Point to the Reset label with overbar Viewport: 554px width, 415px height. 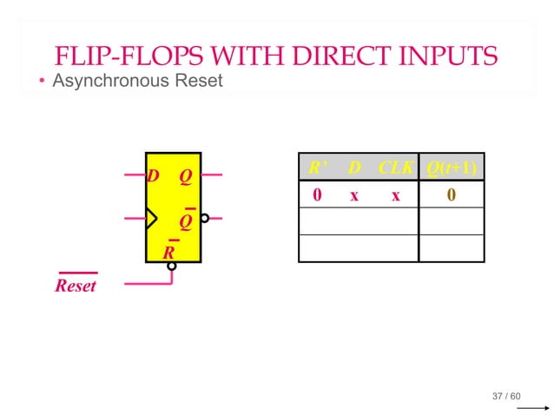click(x=76, y=285)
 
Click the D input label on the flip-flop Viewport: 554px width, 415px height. click(x=154, y=176)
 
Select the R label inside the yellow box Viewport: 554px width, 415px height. click(x=170, y=252)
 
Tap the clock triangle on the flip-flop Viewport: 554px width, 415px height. click(x=152, y=218)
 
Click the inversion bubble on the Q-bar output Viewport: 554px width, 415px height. click(x=205, y=219)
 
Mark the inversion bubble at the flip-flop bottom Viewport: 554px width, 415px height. click(x=172, y=267)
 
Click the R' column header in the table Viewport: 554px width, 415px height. click(x=317, y=167)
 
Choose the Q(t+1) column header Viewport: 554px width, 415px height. click(x=451, y=167)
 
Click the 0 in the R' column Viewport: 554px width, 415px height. click(x=317, y=195)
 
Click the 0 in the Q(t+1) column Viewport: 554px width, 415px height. click(x=451, y=195)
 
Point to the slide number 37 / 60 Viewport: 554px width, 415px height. click(x=506, y=397)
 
